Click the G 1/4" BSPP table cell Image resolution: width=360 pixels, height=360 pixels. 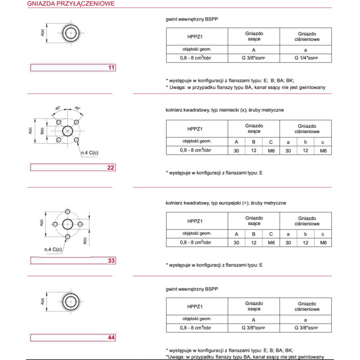[306, 58]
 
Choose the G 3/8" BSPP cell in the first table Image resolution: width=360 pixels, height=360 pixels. [254, 58]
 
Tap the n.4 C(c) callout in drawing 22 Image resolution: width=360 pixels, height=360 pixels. [90, 153]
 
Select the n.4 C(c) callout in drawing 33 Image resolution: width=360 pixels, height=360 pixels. [53, 249]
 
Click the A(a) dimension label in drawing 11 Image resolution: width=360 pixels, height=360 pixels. [42, 33]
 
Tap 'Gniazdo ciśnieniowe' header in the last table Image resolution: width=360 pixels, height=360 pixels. [306, 306]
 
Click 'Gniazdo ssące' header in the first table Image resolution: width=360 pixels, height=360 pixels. [254, 36]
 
